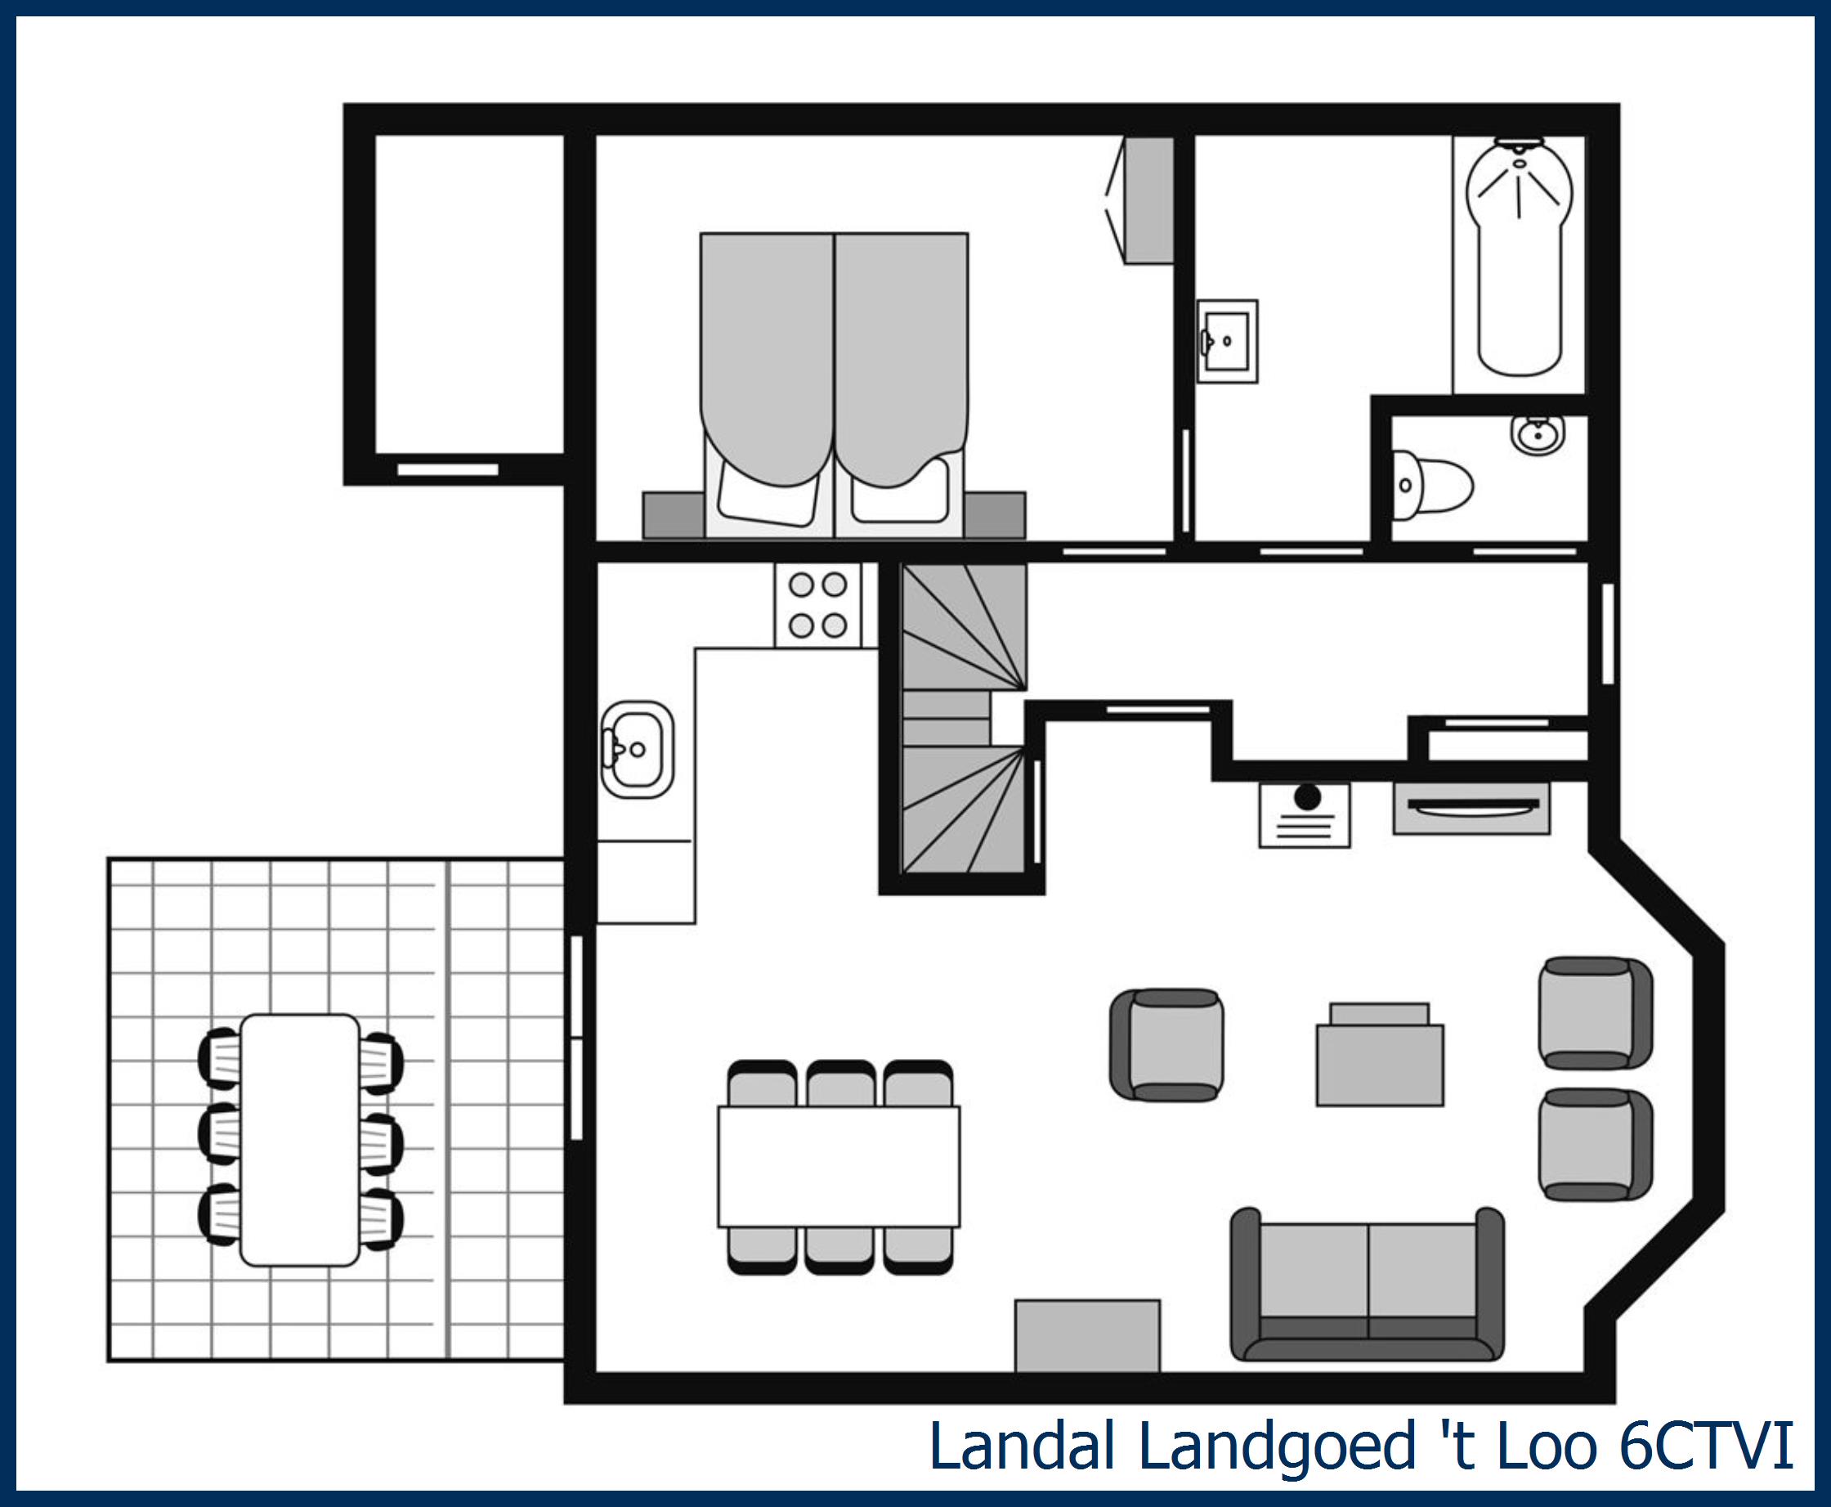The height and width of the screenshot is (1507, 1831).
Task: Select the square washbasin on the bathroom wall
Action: pyautogui.click(x=1227, y=341)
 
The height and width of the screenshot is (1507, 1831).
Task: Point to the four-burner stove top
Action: pyautogui.click(x=817, y=605)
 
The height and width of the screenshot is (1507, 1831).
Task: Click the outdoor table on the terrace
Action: pyautogui.click(x=300, y=1140)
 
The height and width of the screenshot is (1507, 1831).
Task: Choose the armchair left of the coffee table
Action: pyautogui.click(x=1168, y=1045)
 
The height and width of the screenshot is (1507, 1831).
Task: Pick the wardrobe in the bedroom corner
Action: pyautogui.click(x=1148, y=200)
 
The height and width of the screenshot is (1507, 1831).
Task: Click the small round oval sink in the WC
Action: pyautogui.click(x=1538, y=433)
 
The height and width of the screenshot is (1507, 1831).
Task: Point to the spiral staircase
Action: pyautogui.click(x=963, y=720)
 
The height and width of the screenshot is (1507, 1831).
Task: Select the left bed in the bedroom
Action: pyautogui.click(x=767, y=382)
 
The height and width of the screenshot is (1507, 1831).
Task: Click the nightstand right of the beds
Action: pyautogui.click(x=995, y=516)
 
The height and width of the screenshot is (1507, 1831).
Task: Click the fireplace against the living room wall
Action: pyautogui.click(x=1471, y=808)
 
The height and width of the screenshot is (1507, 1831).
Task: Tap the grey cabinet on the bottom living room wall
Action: pyautogui.click(x=1087, y=1337)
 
